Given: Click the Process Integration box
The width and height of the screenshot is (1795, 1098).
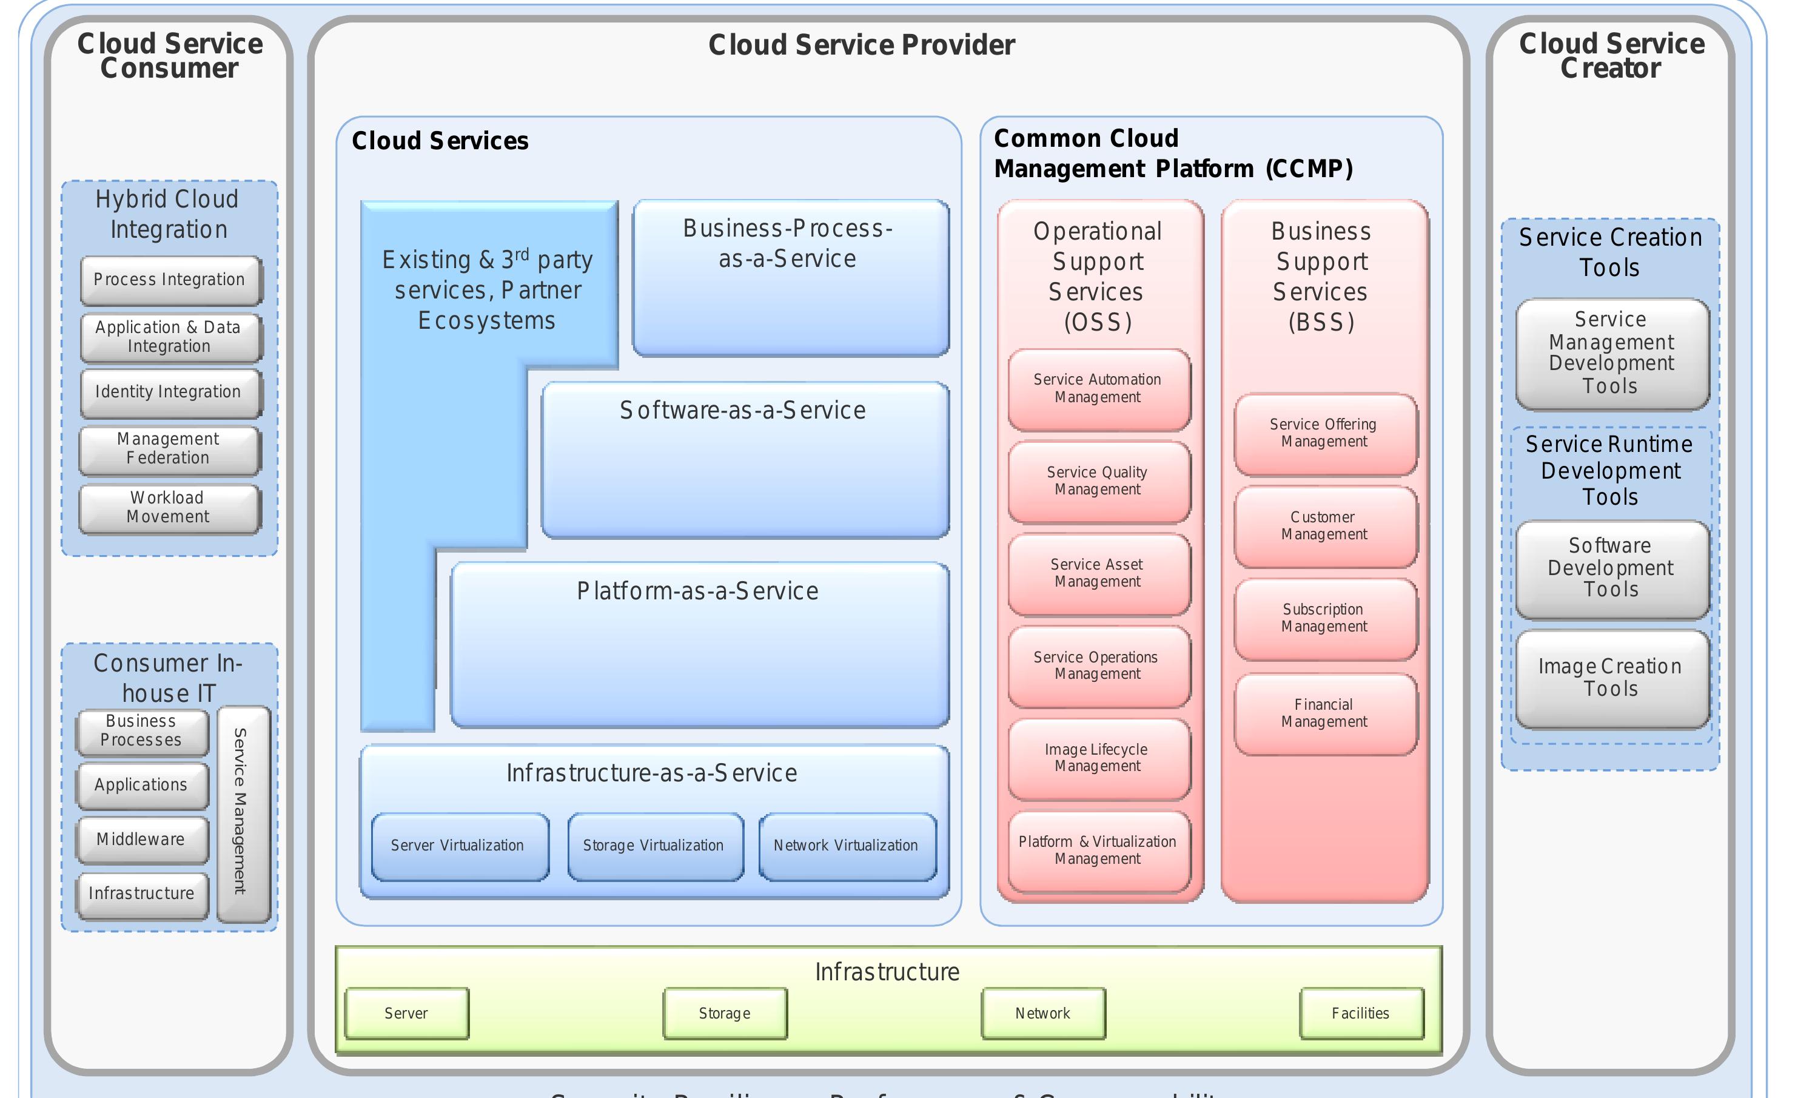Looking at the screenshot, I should (x=170, y=280).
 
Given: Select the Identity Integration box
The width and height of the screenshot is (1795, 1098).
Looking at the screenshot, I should (x=170, y=392).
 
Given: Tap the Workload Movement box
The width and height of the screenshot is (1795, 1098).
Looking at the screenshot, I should (x=169, y=508).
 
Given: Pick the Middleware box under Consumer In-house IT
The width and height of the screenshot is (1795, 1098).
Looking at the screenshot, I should (x=142, y=840).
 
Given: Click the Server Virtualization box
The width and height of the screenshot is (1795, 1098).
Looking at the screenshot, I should (x=459, y=846).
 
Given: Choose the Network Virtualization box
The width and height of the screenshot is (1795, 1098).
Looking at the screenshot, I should (x=847, y=846).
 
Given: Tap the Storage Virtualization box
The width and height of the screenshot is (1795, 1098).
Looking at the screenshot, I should (x=654, y=846).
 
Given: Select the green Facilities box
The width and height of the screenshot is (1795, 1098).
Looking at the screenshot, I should (x=1361, y=1014).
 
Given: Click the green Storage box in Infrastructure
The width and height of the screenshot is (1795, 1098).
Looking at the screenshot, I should (x=725, y=1014).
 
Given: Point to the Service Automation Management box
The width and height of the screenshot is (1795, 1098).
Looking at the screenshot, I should (x=1099, y=389).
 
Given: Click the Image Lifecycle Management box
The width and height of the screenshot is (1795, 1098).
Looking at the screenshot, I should (x=1099, y=758).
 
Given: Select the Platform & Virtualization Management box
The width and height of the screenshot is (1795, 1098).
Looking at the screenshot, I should (x=1099, y=850).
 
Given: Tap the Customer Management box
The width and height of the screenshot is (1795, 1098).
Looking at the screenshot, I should (x=1324, y=526).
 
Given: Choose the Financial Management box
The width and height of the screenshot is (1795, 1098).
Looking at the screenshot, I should (x=1324, y=713).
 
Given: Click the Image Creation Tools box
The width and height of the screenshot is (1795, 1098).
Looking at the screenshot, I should (x=1611, y=678).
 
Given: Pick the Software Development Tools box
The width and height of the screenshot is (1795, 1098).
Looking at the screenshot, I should (x=1611, y=568).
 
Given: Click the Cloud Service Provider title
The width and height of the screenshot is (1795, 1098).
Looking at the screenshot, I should (x=862, y=45).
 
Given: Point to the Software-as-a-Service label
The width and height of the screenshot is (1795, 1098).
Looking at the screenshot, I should (x=743, y=411).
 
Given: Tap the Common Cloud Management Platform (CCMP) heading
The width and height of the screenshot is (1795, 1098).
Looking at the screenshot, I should (x=1173, y=153).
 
